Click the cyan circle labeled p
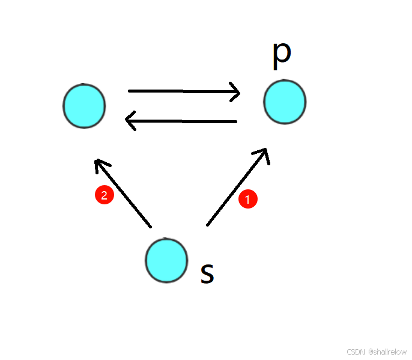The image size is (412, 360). tap(285, 102)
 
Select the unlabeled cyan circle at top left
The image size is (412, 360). tap(84, 106)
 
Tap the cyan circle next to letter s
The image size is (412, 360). tap(166, 260)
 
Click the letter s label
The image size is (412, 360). tap(207, 273)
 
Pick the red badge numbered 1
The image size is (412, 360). tap(248, 200)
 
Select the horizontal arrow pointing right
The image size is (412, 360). tap(184, 91)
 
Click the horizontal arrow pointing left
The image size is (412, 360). tap(181, 122)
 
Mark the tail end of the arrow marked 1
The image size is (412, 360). tap(208, 225)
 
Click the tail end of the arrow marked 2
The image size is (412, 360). tap(150, 226)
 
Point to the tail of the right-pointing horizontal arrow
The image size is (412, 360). tap(130, 91)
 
